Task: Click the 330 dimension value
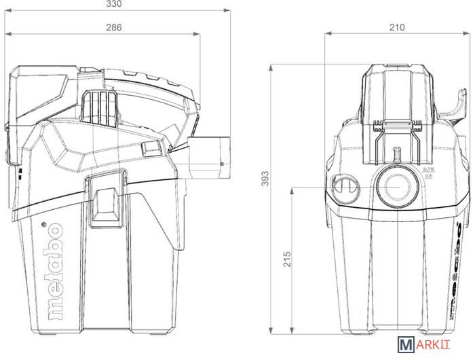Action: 114,3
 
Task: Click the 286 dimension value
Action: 114,28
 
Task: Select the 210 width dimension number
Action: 397,28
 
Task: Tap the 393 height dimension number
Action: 265,179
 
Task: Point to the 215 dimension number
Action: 287,259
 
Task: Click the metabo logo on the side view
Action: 56,272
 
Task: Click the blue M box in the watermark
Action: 406,345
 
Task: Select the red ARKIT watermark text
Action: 433,345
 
